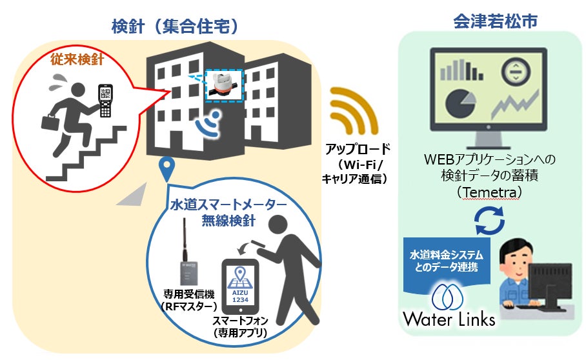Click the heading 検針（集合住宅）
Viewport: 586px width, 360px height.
pos(174,27)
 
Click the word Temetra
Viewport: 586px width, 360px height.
pos(492,193)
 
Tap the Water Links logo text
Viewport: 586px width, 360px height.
pos(450,319)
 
